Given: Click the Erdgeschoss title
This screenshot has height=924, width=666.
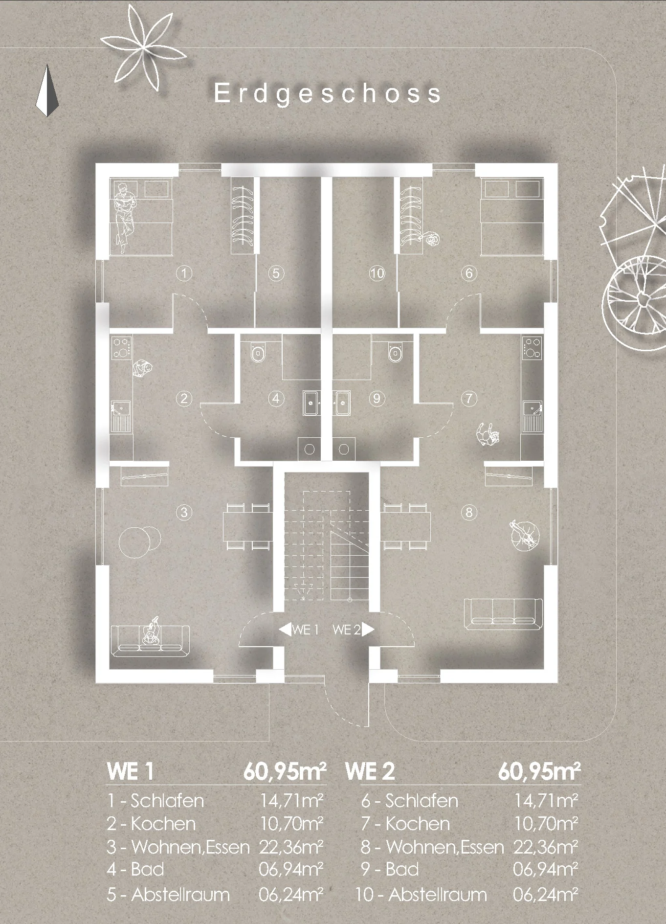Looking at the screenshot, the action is [x=328, y=93].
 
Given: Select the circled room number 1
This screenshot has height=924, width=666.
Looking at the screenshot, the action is [x=184, y=273].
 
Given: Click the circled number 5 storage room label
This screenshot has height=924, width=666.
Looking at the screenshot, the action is [x=276, y=273].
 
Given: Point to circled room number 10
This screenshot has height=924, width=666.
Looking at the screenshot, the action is [x=377, y=273].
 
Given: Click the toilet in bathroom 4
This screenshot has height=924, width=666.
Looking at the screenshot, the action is [x=258, y=352].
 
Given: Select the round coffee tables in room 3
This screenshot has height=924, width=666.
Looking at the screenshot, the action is [x=140, y=542].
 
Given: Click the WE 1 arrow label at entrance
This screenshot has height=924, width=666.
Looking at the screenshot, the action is [x=299, y=630].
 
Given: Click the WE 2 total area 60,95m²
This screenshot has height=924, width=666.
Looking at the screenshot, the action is [x=540, y=771].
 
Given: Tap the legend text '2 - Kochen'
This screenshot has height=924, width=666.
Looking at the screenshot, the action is [x=151, y=824].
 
